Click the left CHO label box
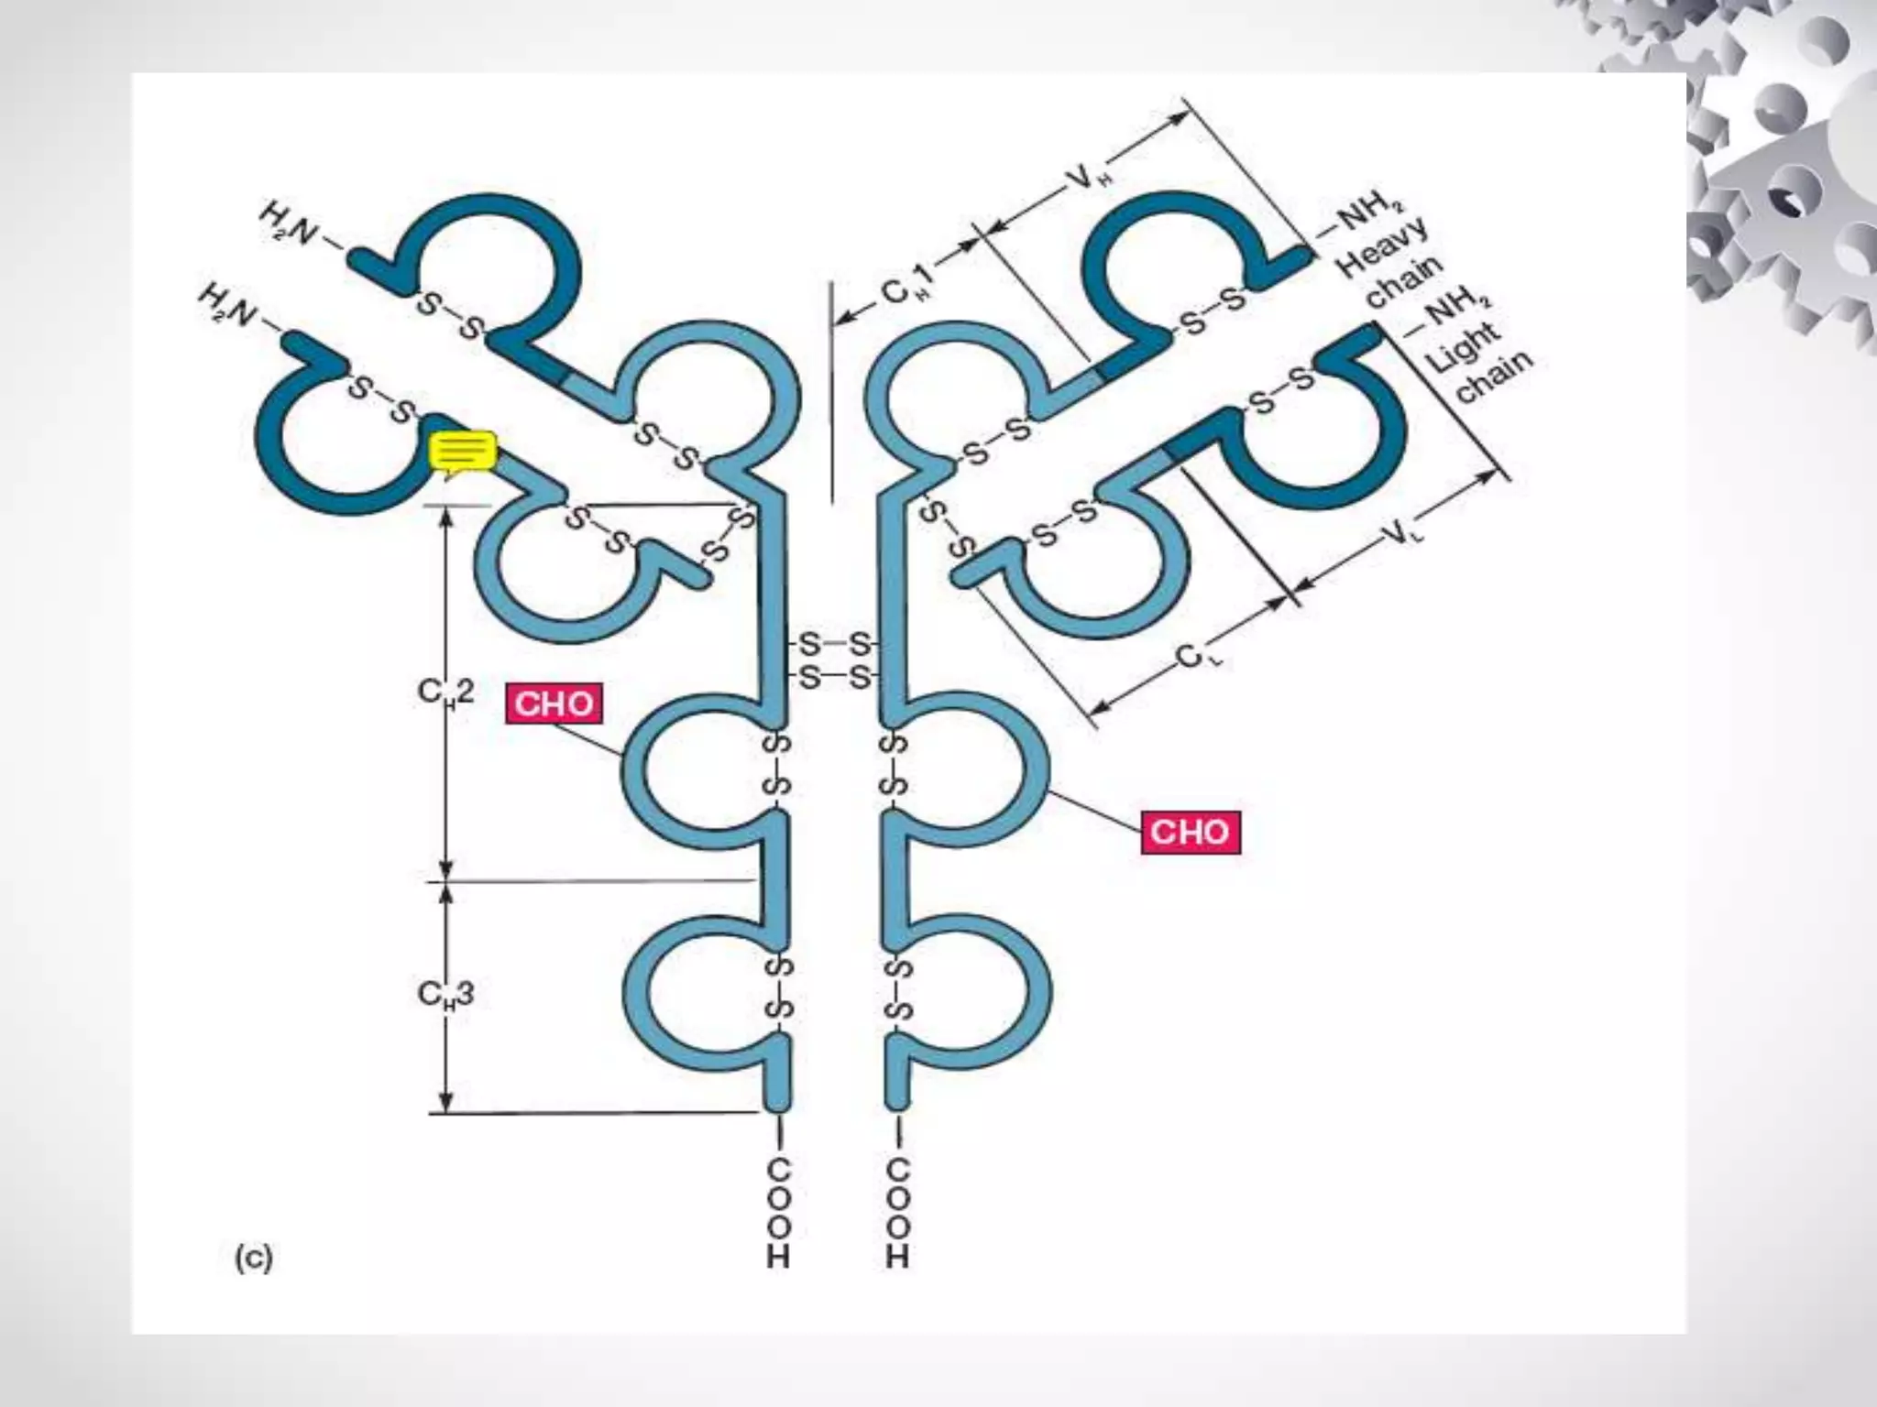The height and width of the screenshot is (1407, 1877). point(554,703)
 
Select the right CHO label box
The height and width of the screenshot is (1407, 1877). point(1190,832)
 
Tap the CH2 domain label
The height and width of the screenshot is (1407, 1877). point(446,693)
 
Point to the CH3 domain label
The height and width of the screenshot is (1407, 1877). point(446,994)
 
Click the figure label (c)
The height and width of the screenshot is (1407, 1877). point(254,1260)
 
